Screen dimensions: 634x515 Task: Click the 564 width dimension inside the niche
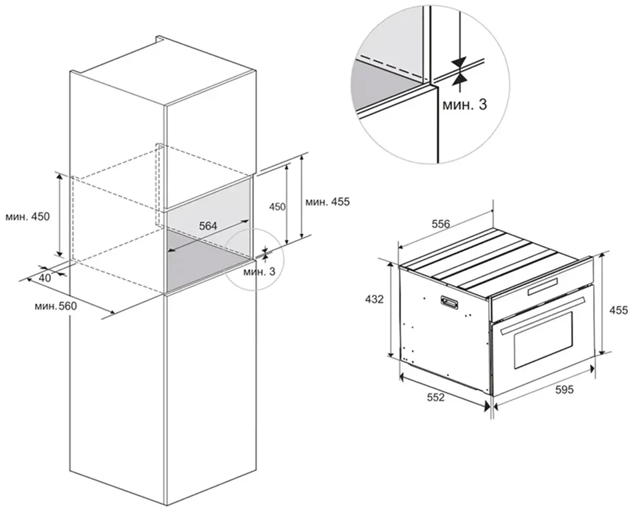pos(208,226)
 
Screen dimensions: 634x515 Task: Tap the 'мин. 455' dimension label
pos(327,201)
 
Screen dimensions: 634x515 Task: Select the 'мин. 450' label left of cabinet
pos(28,216)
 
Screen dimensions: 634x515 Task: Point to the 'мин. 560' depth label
pos(55,307)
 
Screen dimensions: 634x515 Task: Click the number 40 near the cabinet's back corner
pos(45,278)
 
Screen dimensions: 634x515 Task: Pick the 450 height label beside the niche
pos(278,207)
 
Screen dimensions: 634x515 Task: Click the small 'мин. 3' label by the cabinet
pos(259,271)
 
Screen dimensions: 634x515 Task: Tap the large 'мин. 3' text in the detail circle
pos(465,105)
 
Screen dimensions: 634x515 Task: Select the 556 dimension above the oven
pos(441,223)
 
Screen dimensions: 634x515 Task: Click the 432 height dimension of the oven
pos(374,300)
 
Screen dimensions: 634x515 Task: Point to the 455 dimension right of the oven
pos(619,310)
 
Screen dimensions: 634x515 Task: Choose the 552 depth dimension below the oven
pos(436,397)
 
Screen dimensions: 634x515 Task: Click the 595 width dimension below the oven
pos(565,390)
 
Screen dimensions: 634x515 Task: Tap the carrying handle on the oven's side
pos(449,302)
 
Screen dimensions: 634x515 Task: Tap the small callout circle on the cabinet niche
pos(255,260)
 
